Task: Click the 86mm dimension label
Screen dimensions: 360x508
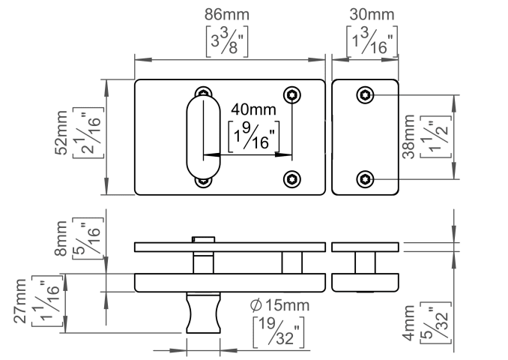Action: (228, 15)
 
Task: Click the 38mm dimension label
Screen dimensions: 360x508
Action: (408, 135)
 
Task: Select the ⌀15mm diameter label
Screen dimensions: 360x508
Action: (279, 305)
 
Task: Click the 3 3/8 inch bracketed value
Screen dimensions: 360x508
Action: (228, 42)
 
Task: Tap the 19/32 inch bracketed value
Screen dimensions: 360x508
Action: (277, 332)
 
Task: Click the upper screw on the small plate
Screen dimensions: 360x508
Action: (365, 94)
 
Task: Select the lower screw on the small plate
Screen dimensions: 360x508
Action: (365, 178)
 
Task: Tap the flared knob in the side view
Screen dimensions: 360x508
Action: (202, 312)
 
